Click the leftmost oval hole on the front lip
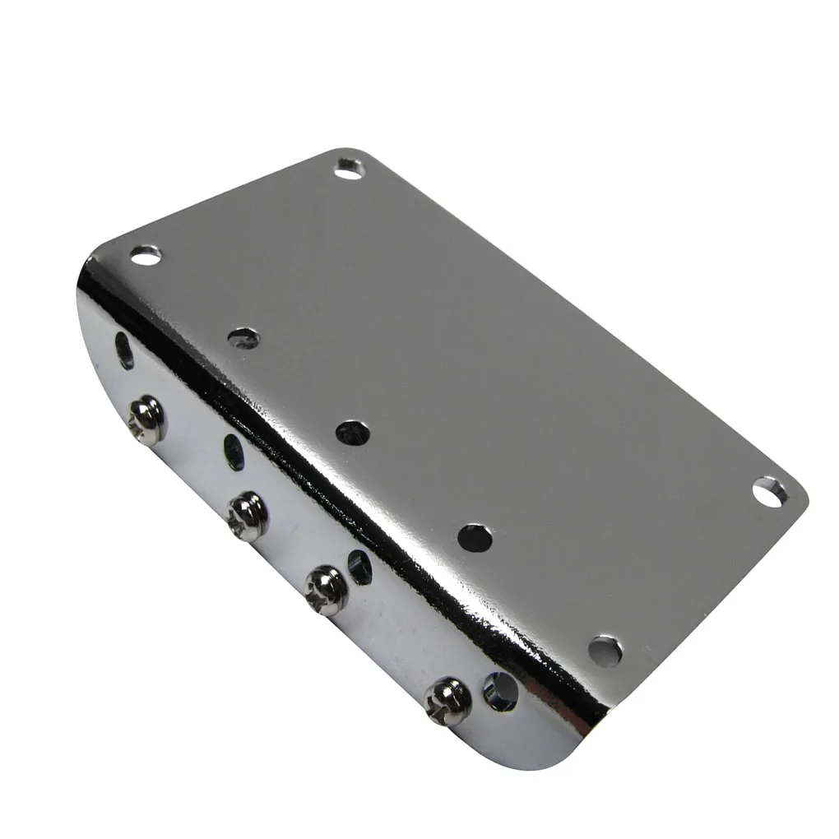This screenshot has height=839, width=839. tap(125, 350)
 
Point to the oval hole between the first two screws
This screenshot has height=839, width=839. tap(234, 452)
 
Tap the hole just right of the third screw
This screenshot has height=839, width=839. tap(359, 567)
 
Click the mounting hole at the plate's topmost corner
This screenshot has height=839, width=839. tap(349, 170)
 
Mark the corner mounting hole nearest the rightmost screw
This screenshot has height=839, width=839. tap(606, 651)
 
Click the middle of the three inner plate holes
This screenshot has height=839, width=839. tap(353, 432)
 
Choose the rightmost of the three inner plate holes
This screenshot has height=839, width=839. tap(474, 536)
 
